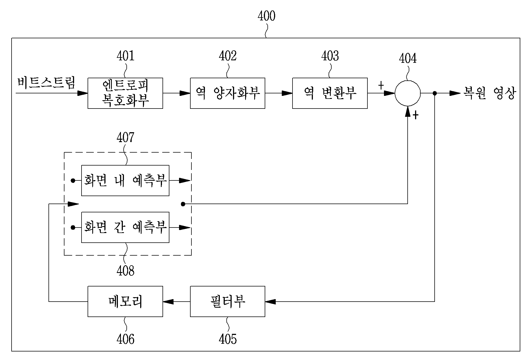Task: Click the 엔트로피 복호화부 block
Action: tap(125, 93)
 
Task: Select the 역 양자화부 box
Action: tap(228, 93)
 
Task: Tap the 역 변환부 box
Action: tap(330, 93)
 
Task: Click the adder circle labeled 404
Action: tap(408, 93)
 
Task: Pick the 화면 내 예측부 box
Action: tap(125, 180)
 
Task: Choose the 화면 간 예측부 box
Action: tap(125, 227)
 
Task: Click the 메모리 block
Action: tap(125, 301)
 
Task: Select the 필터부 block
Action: tap(228, 301)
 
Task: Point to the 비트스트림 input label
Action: tap(46, 83)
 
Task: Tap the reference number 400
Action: tap(266, 16)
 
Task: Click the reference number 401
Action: tap(126, 56)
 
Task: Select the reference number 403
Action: tap(330, 56)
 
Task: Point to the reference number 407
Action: tap(126, 137)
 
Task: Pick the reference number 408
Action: tap(126, 271)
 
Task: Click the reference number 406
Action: tap(126, 339)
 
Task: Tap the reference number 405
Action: tap(228, 339)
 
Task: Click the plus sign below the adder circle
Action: tap(416, 115)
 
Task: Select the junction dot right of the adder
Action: tap(435, 93)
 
